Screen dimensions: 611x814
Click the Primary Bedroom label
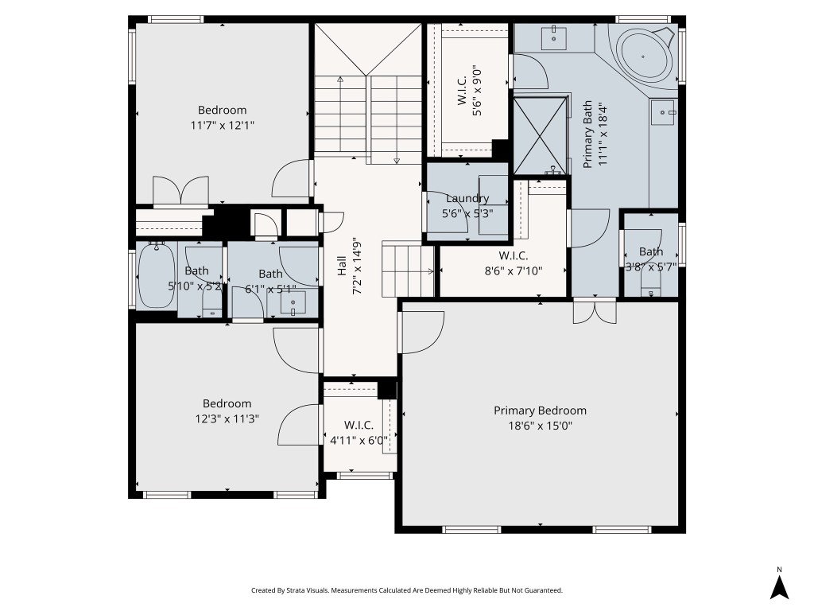tap(540, 411)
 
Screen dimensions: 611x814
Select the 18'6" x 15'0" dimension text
tap(540, 426)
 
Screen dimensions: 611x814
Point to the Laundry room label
tap(467, 199)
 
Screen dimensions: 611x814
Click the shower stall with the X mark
tap(541, 134)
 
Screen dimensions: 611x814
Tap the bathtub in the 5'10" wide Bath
tap(156, 276)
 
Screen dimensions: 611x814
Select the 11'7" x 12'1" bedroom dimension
tap(222, 125)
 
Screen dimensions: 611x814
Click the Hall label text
tap(341, 267)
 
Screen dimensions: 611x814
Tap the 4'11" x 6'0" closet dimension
tap(359, 439)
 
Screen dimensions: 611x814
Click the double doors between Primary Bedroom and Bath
tap(595, 312)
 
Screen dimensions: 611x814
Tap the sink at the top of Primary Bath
tap(553, 36)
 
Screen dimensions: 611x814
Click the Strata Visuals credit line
tap(407, 590)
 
